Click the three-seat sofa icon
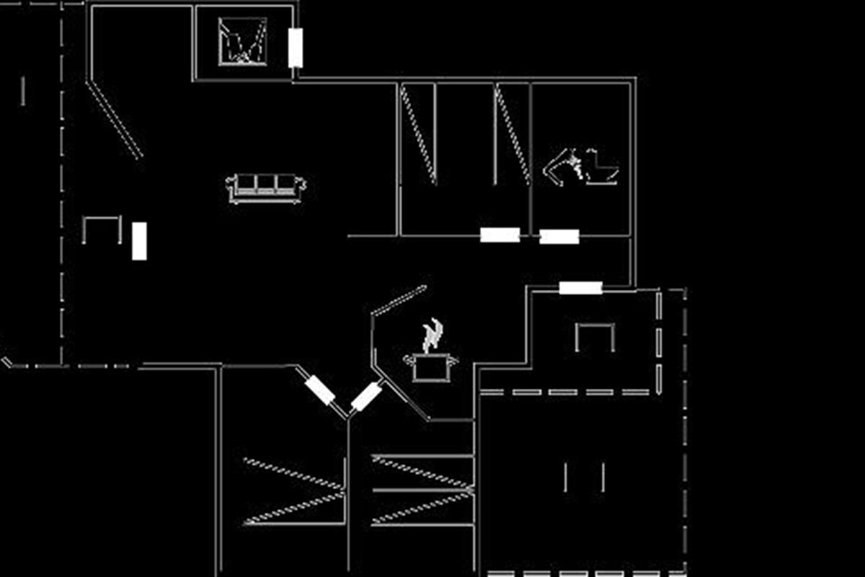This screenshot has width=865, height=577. click(x=265, y=188)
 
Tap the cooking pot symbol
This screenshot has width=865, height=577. click(x=430, y=366)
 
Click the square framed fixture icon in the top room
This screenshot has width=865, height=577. click(x=243, y=42)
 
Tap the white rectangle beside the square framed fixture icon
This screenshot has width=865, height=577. click(x=295, y=48)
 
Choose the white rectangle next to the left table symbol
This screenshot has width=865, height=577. click(x=139, y=241)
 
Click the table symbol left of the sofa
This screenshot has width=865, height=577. click(x=102, y=229)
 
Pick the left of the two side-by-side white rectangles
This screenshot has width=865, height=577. click(x=500, y=234)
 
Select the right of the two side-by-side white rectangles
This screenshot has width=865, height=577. click(x=559, y=237)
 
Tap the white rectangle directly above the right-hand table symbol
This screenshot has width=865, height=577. click(x=580, y=288)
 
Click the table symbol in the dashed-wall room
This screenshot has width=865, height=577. click(x=595, y=336)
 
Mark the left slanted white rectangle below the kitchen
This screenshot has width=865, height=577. click(x=319, y=390)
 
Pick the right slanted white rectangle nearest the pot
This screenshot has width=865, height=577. click(x=366, y=396)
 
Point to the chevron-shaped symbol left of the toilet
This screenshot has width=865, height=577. click(x=560, y=167)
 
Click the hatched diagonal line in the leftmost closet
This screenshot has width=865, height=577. click(x=418, y=134)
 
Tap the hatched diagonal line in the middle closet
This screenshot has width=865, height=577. click(x=512, y=134)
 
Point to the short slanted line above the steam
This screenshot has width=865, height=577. click(x=399, y=299)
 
